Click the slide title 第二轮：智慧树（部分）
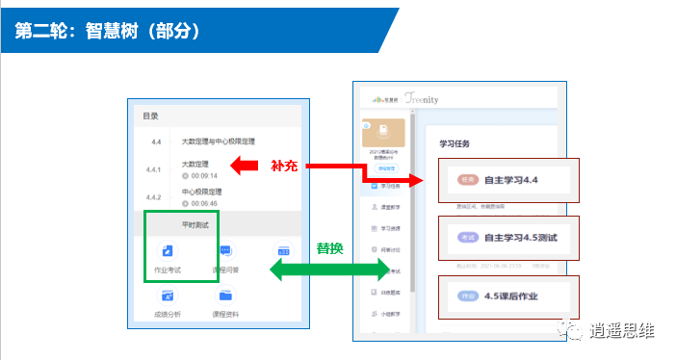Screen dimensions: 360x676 coord(107,32)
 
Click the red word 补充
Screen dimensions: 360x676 coord(284,165)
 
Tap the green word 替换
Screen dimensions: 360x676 coord(331,248)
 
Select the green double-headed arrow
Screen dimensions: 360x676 coord(326,270)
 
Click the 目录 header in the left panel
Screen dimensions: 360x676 coord(151,116)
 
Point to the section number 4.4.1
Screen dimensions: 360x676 coord(154,169)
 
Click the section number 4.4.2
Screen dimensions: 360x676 coord(154,196)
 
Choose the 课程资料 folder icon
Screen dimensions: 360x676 coord(225,295)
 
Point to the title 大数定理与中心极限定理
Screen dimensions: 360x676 coord(218,141)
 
